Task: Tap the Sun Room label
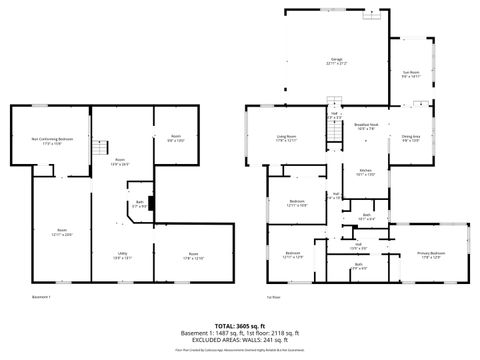(409, 73)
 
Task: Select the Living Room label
(288, 138)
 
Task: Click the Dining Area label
(410, 138)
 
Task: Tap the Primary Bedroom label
(432, 254)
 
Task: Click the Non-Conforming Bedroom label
(51, 141)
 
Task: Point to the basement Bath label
(141, 206)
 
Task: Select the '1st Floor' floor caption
(272, 296)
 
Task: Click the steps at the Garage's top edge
(372, 14)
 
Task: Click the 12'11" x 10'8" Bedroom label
(297, 203)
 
